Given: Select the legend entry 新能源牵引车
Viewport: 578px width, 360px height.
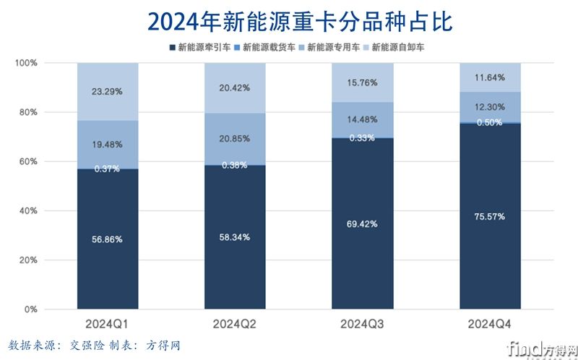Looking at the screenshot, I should point(202,48).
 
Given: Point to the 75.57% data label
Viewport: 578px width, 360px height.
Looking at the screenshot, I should point(489,216).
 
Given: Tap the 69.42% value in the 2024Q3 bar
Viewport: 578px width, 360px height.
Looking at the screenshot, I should point(362,224).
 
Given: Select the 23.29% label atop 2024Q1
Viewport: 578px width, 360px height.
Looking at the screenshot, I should point(107,92).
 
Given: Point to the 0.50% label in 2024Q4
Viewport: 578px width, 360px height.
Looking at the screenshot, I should point(489,122).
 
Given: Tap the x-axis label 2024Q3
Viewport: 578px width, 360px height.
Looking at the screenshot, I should point(362,323).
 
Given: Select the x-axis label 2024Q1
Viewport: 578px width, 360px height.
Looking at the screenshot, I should point(107,323).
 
